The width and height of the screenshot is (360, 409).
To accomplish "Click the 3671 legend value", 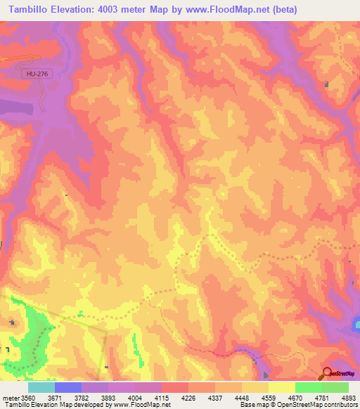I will point(55,397).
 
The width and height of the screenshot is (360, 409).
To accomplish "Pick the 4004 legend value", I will point(134,397).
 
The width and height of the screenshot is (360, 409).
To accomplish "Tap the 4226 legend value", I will point(186,397).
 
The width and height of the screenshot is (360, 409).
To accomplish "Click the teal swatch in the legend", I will point(41,387).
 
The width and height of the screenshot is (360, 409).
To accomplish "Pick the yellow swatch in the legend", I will point(281,387).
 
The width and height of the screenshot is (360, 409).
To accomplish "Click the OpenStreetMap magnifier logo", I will point(328,374).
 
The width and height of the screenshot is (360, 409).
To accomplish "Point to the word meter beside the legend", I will point(11,397).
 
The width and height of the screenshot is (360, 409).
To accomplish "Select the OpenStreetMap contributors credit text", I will point(298,405).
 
